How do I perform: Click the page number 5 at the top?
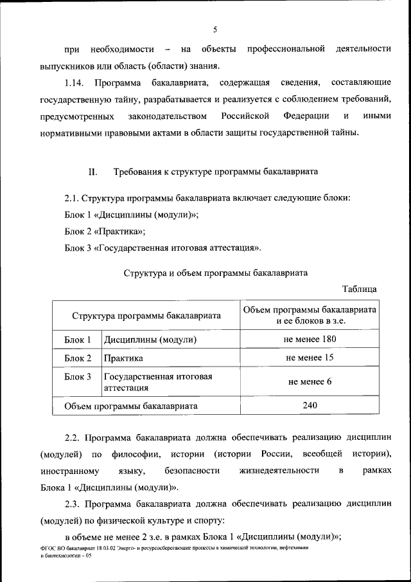pyautogui.click(x=215, y=29)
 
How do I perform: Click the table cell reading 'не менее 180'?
pyautogui.click(x=310, y=338)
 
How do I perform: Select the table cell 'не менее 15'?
pyautogui.click(x=310, y=358)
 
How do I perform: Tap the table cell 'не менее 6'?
pyautogui.click(x=310, y=381)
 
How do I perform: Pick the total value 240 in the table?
pyautogui.click(x=310, y=405)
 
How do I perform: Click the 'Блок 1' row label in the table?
pyautogui.click(x=78, y=339)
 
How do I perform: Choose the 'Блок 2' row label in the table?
pyautogui.click(x=78, y=358)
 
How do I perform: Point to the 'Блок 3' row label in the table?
pyautogui.click(x=78, y=377)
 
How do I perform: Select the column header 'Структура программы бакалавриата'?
pyautogui.click(x=146, y=316)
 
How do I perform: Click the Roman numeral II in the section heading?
pyautogui.click(x=92, y=172)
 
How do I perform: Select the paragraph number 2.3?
pyautogui.click(x=74, y=504)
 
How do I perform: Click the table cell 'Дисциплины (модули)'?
pyautogui.click(x=150, y=339)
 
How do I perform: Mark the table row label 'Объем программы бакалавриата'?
pyautogui.click(x=131, y=406)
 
